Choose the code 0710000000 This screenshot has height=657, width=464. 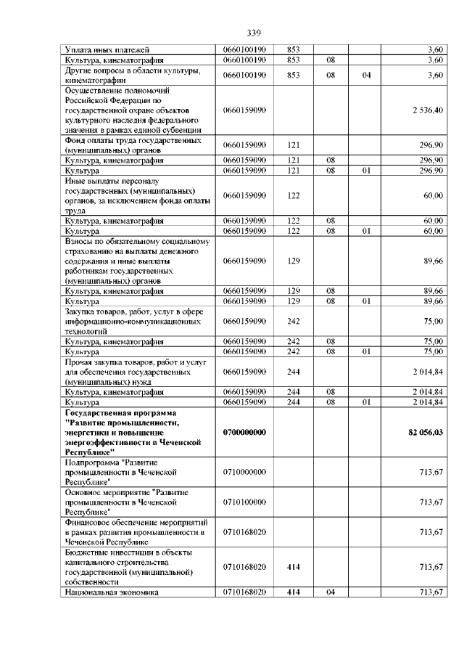tap(245, 472)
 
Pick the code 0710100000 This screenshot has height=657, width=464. tap(245, 502)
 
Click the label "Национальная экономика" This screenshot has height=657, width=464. tap(112, 592)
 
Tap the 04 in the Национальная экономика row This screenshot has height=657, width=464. tap(330, 592)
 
